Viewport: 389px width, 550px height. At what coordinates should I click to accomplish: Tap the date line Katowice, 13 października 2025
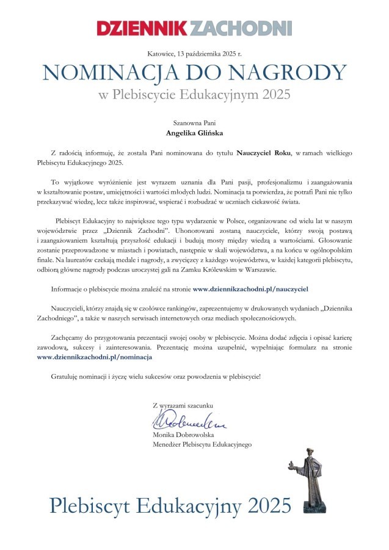click(x=194, y=54)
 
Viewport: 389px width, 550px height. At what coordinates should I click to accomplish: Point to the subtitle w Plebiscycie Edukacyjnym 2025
click(x=194, y=95)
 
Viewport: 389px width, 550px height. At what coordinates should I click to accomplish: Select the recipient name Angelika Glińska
click(x=194, y=133)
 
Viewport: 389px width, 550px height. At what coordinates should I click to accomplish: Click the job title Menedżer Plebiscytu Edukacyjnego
click(x=202, y=444)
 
